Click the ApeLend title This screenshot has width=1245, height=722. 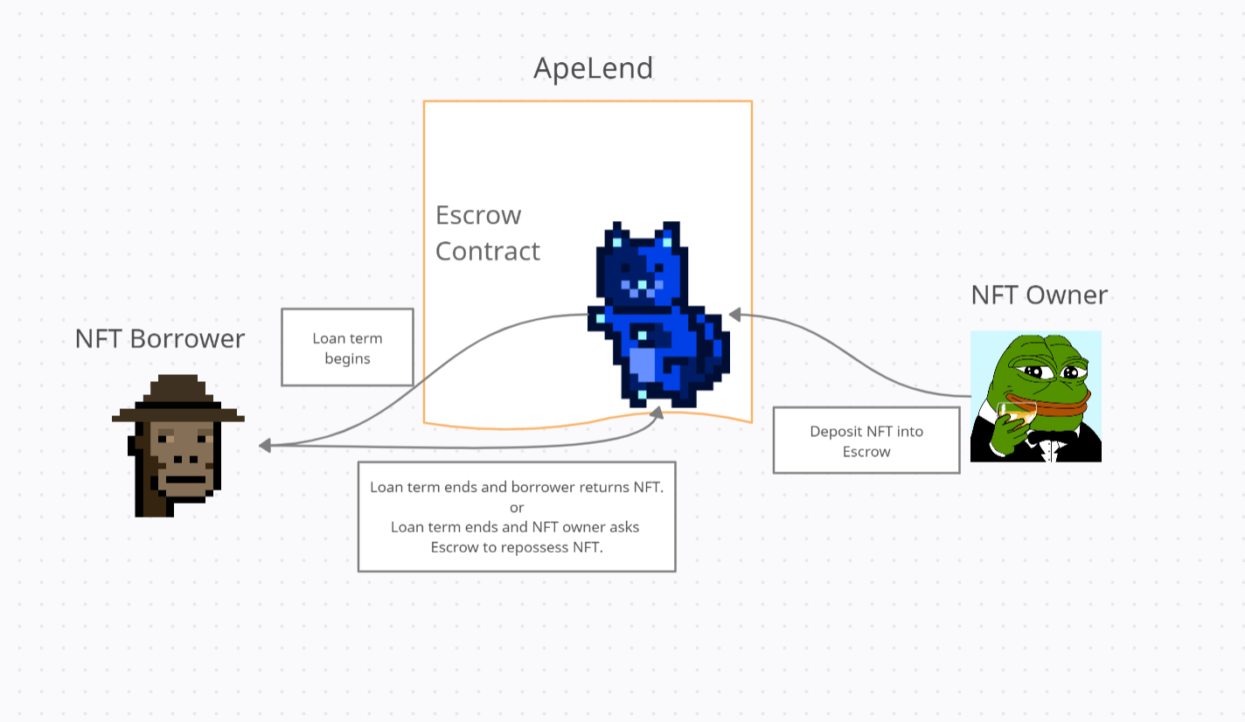(x=594, y=68)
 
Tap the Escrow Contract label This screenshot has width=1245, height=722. (x=487, y=233)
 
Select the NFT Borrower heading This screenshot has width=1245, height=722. (x=160, y=339)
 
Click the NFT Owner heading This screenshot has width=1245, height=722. (x=1039, y=295)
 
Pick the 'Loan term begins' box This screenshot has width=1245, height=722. (x=347, y=347)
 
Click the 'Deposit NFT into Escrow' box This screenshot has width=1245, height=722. (x=866, y=441)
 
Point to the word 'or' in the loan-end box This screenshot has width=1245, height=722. (x=516, y=507)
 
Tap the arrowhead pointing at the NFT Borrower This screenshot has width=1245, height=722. (x=264, y=446)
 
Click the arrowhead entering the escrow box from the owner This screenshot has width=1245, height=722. (x=735, y=313)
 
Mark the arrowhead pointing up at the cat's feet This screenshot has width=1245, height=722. (x=657, y=412)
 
